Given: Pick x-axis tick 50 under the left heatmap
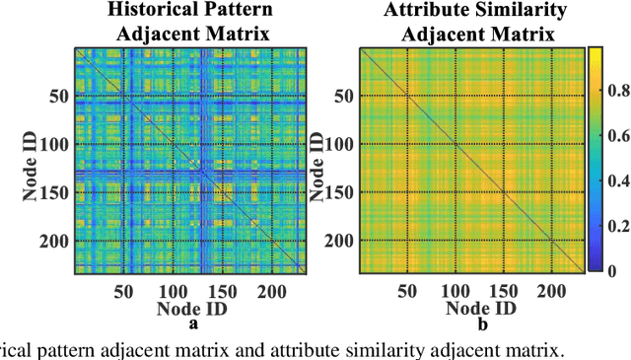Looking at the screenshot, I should click(123, 291).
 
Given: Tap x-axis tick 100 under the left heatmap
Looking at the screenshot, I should click(172, 291).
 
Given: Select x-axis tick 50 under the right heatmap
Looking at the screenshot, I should click(406, 291).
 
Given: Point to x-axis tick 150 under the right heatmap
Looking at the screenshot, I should click(503, 291).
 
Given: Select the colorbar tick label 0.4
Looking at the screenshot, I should click(617, 180).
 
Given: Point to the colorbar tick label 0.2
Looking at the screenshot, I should click(617, 225).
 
